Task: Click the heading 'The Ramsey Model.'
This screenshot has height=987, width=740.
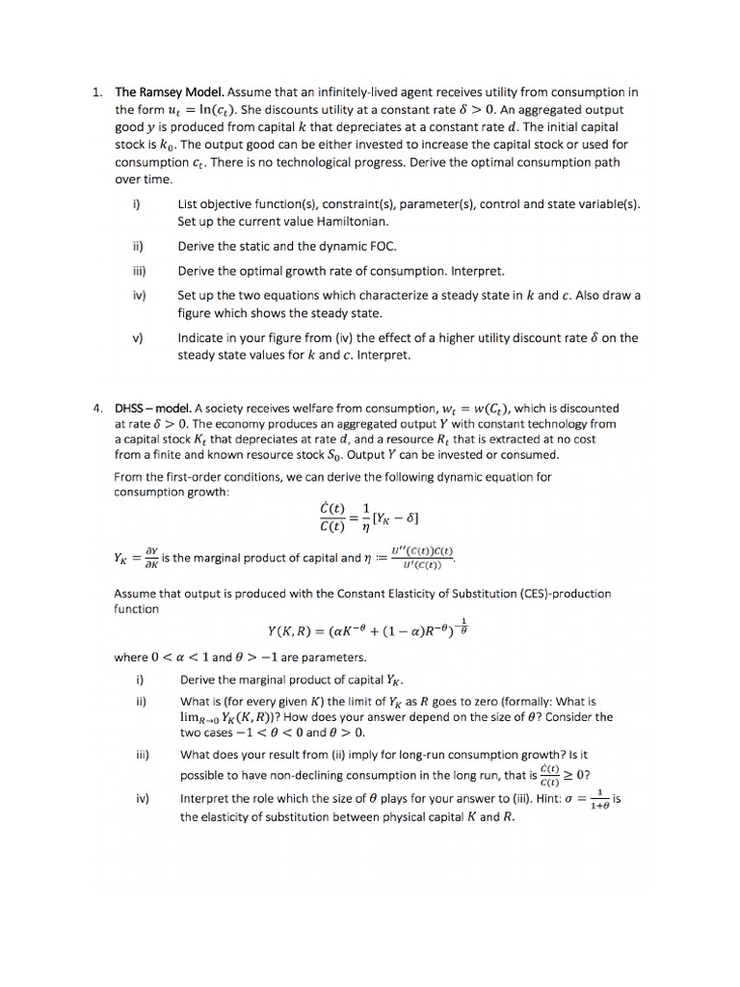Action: (x=171, y=93)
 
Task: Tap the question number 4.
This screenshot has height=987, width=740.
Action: (x=96, y=409)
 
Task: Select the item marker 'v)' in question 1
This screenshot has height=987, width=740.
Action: (x=136, y=338)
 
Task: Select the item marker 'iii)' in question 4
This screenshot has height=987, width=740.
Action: (x=140, y=755)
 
